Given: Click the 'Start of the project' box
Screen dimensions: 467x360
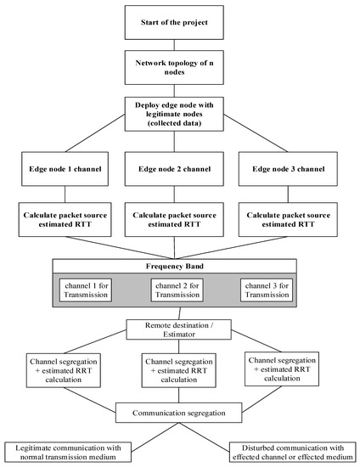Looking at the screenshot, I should click(179, 20).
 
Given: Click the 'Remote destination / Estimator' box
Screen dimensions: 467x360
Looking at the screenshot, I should click(179, 328).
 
